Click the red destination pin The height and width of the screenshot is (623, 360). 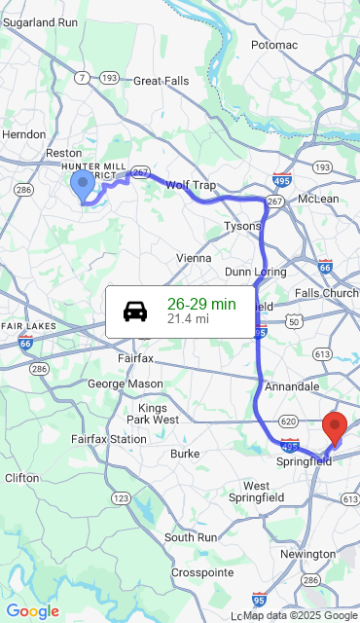335,427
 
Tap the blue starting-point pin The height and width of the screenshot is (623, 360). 83,184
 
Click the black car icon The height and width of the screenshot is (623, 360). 135,311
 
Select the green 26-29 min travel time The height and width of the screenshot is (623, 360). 201,304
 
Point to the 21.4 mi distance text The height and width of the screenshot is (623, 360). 188,318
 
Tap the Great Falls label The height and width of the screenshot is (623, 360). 162,81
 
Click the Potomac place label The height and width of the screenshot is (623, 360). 274,45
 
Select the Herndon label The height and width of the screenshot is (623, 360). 24,134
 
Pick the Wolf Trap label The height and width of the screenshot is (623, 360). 190,184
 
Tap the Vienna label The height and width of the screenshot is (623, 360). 193,258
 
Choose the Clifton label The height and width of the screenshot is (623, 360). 22,478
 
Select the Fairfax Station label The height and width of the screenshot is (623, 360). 108,439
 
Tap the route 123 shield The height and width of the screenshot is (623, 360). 121,497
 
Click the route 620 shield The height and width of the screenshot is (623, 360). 287,421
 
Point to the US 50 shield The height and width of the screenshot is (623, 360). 293,320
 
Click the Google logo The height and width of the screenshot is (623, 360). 32,611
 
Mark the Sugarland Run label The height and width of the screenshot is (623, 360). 40,20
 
